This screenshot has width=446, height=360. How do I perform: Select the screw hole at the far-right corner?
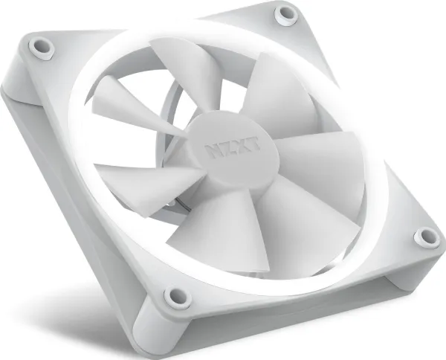[427, 237]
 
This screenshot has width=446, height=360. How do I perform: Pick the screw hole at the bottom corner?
[178, 297]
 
